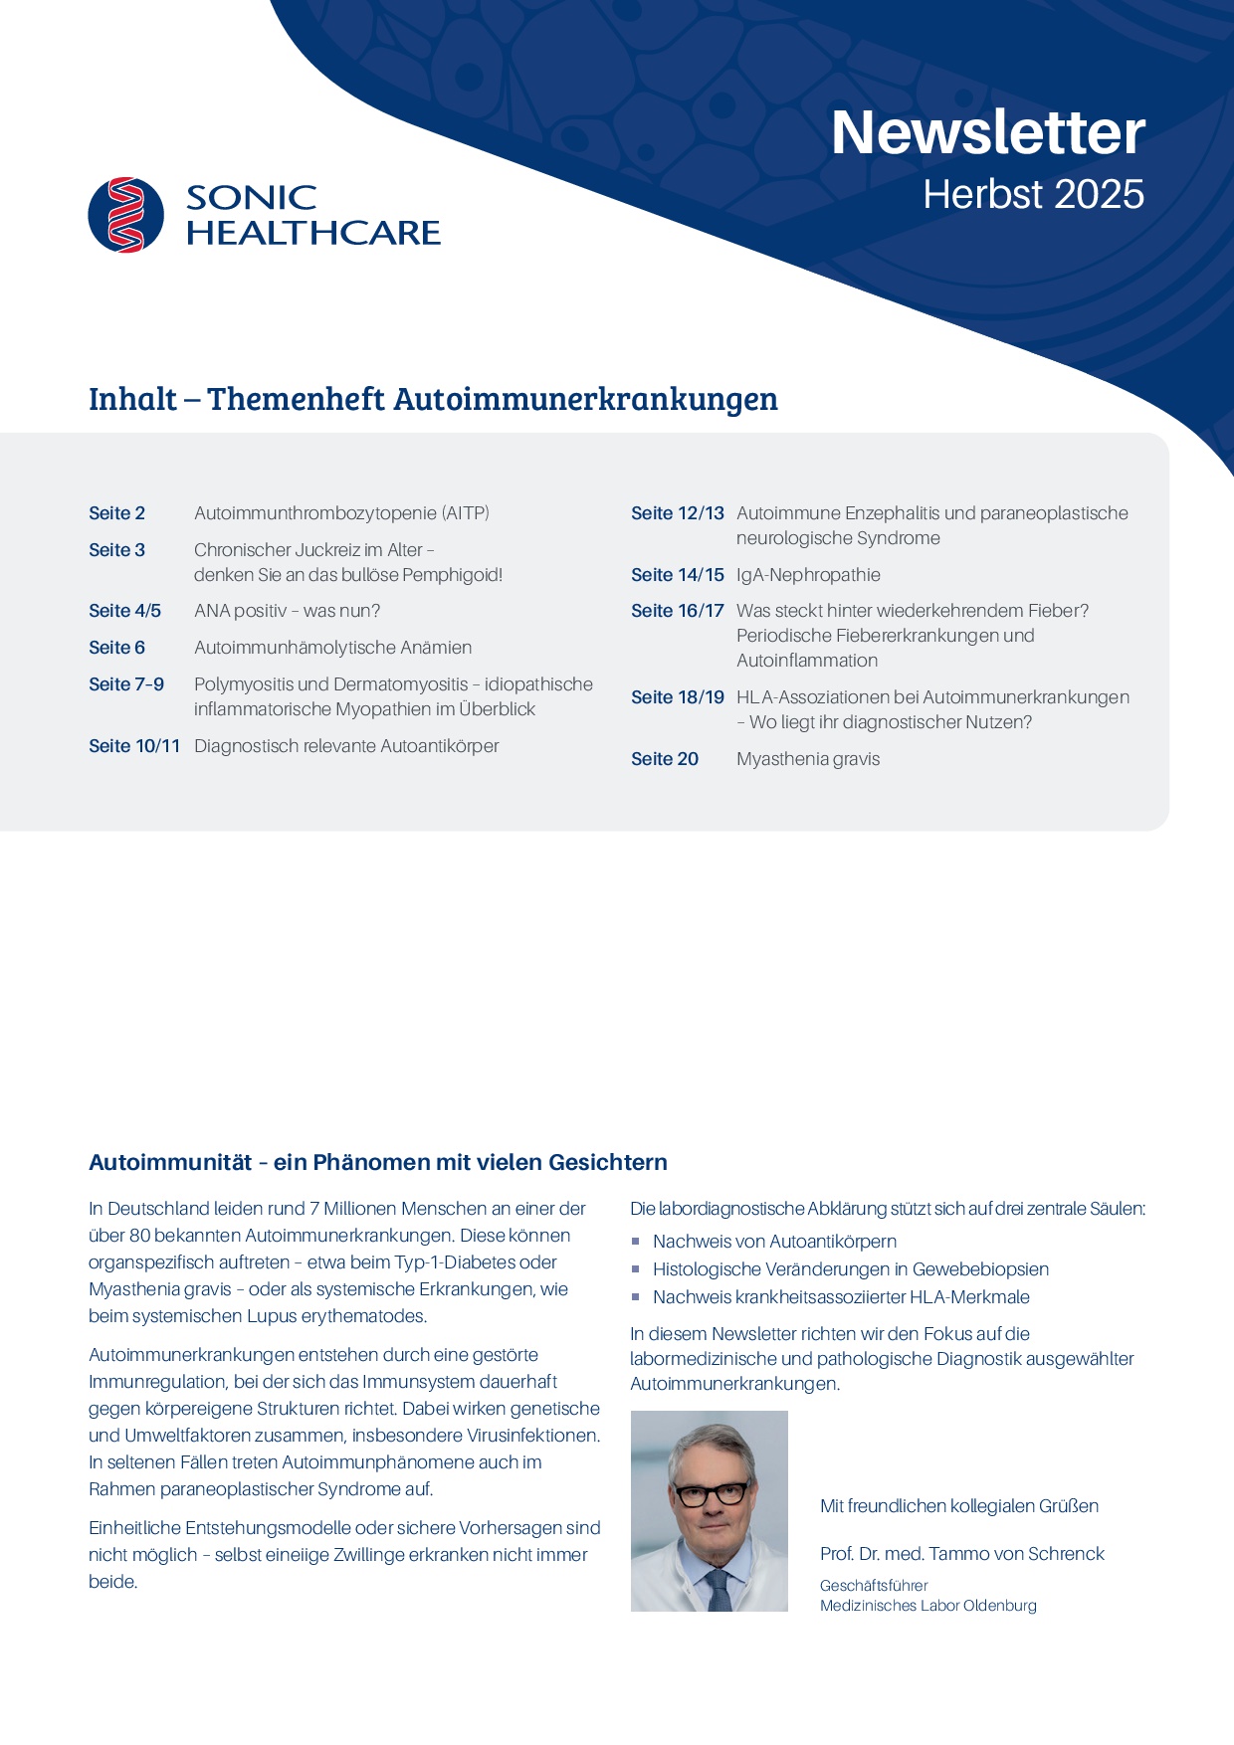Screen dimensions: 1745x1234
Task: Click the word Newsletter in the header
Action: (987, 132)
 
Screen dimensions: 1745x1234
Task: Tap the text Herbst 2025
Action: (1033, 195)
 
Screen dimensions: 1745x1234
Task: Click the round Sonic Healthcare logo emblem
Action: (126, 215)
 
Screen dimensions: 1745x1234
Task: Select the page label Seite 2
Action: (116, 513)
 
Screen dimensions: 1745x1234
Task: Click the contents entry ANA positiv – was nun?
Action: (287, 611)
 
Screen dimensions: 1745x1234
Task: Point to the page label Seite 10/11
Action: (134, 746)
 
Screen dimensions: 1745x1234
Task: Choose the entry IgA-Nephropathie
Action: (808, 575)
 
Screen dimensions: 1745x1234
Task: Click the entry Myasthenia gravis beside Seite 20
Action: (808, 759)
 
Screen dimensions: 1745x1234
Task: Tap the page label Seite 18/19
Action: (678, 697)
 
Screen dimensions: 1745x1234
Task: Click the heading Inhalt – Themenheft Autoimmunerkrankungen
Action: (433, 399)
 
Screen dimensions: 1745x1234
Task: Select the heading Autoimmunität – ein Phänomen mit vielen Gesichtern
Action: (378, 1162)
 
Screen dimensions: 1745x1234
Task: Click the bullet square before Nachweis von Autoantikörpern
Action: (636, 1242)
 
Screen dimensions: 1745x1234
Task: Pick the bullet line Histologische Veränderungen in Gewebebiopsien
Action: (851, 1269)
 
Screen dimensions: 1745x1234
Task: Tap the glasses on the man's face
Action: (711, 1494)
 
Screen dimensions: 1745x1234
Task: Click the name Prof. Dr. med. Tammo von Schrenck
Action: (961, 1554)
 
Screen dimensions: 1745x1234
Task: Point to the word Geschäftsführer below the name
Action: (874, 1586)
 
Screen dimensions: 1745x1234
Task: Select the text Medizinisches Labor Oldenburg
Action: (927, 1606)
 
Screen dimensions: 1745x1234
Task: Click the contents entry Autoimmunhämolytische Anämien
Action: (332, 648)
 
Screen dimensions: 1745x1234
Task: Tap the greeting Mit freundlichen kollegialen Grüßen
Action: (958, 1506)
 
